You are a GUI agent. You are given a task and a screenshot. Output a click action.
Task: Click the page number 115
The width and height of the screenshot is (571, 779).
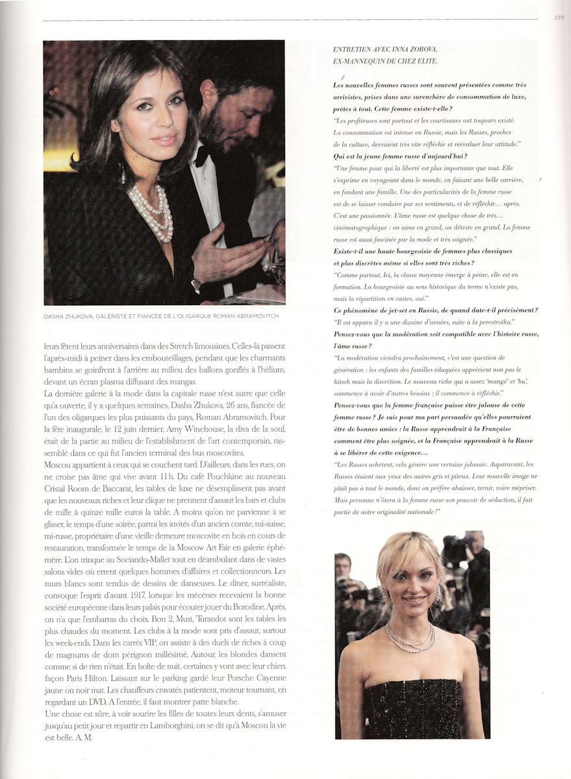click(558, 18)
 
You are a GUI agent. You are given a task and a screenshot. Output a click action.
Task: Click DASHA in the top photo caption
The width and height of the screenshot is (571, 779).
click(55, 315)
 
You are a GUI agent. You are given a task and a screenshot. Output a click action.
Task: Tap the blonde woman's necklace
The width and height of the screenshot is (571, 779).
click(411, 639)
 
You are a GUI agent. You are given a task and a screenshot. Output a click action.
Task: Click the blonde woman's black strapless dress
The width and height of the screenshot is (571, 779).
click(413, 708)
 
